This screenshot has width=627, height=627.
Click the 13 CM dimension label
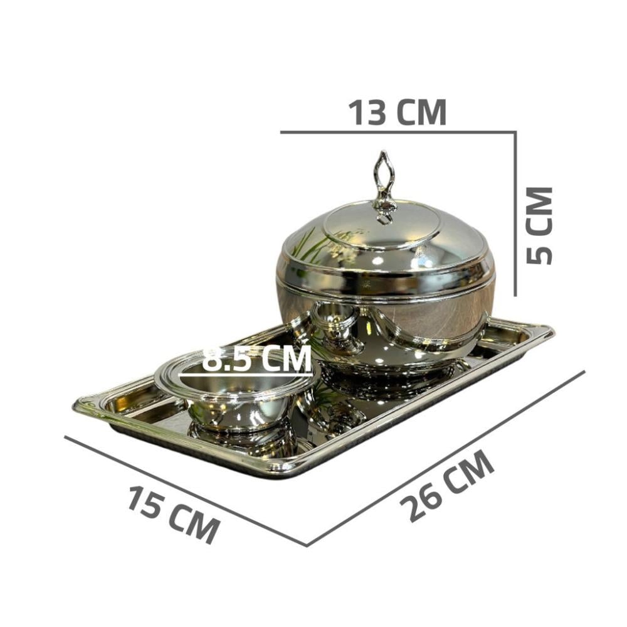pyautogui.click(x=398, y=112)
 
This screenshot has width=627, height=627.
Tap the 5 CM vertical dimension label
pyautogui.click(x=539, y=225)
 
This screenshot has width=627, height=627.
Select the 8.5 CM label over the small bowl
pyautogui.click(x=256, y=358)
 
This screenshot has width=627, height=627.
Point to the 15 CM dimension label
pyautogui.click(x=174, y=514)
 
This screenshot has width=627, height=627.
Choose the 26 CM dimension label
pyautogui.click(x=446, y=485)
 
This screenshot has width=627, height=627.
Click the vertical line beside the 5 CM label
pyautogui.click(x=515, y=214)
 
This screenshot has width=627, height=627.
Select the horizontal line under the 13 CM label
pyautogui.click(x=398, y=132)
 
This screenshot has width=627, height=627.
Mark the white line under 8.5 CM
pyautogui.click(x=246, y=375)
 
